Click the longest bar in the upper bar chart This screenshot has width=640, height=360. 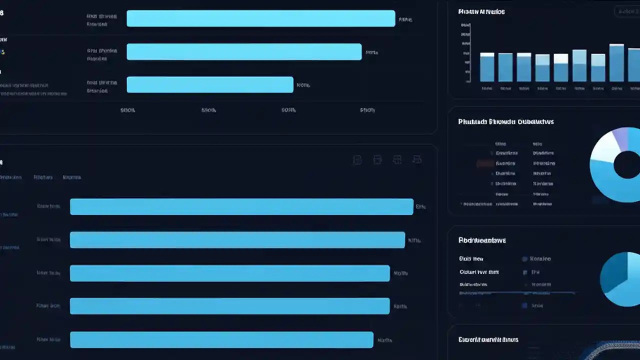(260, 18)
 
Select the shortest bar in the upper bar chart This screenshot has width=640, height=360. (209, 84)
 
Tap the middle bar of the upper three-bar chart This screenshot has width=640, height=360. (243, 52)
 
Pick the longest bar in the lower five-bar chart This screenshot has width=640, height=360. (241, 206)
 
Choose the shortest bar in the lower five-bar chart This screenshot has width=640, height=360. (221, 339)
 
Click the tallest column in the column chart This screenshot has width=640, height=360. (616, 62)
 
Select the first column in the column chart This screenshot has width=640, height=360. (487, 67)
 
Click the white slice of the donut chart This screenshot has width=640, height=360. (603, 148)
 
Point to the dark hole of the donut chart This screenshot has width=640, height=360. (627, 165)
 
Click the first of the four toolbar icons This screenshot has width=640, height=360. (357, 160)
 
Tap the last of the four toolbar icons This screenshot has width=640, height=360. (416, 160)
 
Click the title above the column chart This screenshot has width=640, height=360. (481, 11)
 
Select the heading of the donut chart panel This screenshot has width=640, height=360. (505, 121)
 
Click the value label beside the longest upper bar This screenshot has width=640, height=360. (405, 19)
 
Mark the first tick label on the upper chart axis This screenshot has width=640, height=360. (127, 110)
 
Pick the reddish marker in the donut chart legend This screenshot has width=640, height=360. (483, 163)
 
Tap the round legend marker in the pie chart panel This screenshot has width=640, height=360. (524, 259)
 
